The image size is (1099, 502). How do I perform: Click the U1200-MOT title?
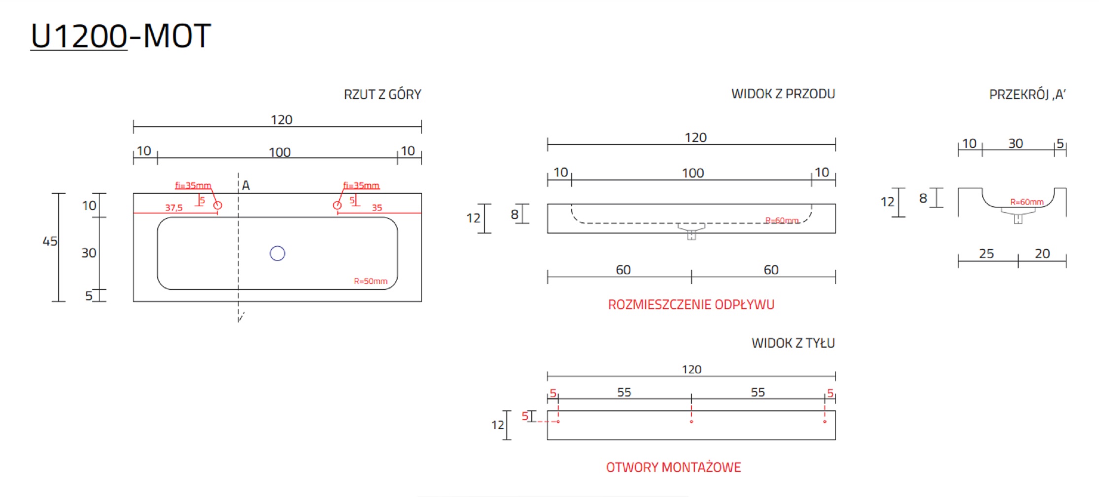point(121,36)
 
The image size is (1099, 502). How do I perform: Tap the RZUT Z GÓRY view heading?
point(382,94)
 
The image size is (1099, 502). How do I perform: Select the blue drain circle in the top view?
point(277,253)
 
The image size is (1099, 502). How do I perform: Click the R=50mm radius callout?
point(371,281)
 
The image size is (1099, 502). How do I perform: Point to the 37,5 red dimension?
point(173,208)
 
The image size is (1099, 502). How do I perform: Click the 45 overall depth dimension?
point(50,241)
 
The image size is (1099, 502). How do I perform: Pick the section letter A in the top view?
point(246,185)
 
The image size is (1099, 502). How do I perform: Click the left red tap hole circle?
point(217,205)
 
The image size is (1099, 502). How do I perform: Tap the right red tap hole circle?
point(337,205)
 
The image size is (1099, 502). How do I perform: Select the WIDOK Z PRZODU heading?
point(783,94)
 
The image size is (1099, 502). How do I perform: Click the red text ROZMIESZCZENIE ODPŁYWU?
point(691,305)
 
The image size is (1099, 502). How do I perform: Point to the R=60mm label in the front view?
point(782,220)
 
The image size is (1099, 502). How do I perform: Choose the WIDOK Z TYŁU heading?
point(793,343)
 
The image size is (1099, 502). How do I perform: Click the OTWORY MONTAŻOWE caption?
point(673,467)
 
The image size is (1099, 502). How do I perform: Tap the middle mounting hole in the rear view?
point(691,422)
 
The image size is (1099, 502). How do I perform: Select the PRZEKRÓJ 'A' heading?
point(1028,94)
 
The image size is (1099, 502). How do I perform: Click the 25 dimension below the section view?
point(986,253)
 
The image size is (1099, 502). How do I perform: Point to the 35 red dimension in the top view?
point(377,208)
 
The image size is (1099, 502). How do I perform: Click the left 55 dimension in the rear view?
point(624,392)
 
